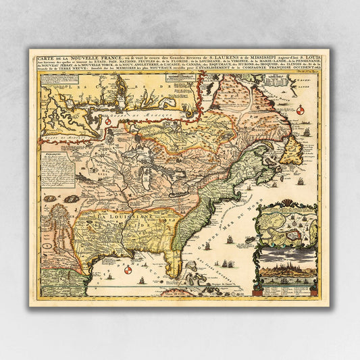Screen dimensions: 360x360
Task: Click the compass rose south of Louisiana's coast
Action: (x=126, y=270)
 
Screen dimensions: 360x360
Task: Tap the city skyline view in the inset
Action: (x=287, y=270)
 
